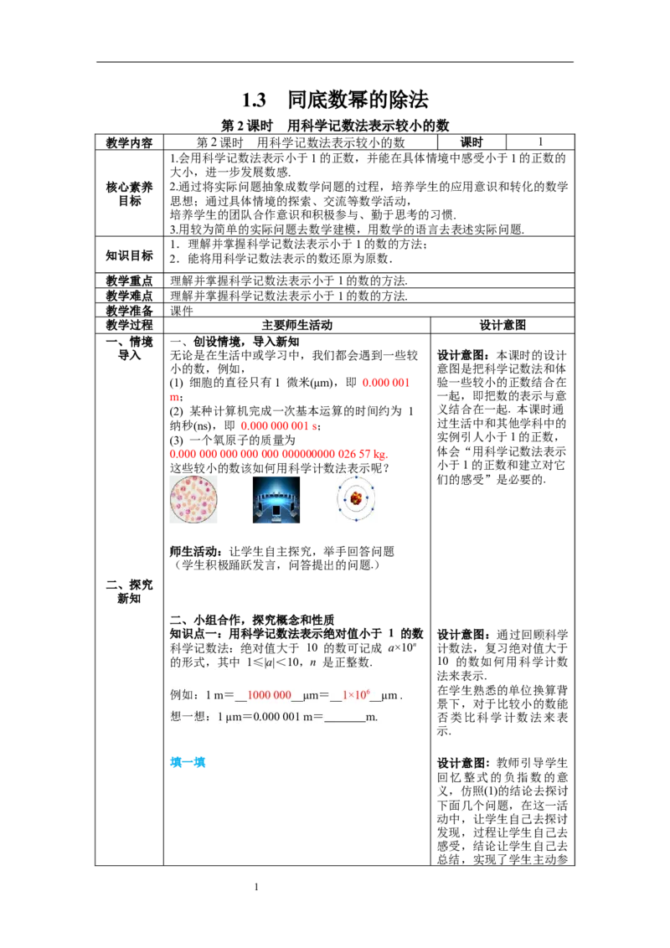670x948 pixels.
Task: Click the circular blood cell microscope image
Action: pos(194,502)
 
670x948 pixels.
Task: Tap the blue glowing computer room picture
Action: pos(275,502)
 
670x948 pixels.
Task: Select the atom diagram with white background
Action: pos(358,502)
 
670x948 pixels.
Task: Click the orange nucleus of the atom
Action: pos(357,499)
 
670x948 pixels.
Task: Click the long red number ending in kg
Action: pos(276,455)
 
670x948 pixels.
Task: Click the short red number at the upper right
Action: pos(386,383)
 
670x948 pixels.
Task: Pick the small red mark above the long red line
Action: pos(173,397)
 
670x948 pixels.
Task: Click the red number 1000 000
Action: pos(269,695)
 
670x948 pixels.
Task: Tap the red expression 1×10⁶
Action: pos(356,695)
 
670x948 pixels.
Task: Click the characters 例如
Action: pos(183,695)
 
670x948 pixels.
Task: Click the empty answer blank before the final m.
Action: pos(345,717)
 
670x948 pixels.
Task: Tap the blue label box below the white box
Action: pos(187,762)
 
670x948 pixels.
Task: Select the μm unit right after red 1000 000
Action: pos(310,695)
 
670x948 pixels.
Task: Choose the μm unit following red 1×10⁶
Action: pos(389,695)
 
